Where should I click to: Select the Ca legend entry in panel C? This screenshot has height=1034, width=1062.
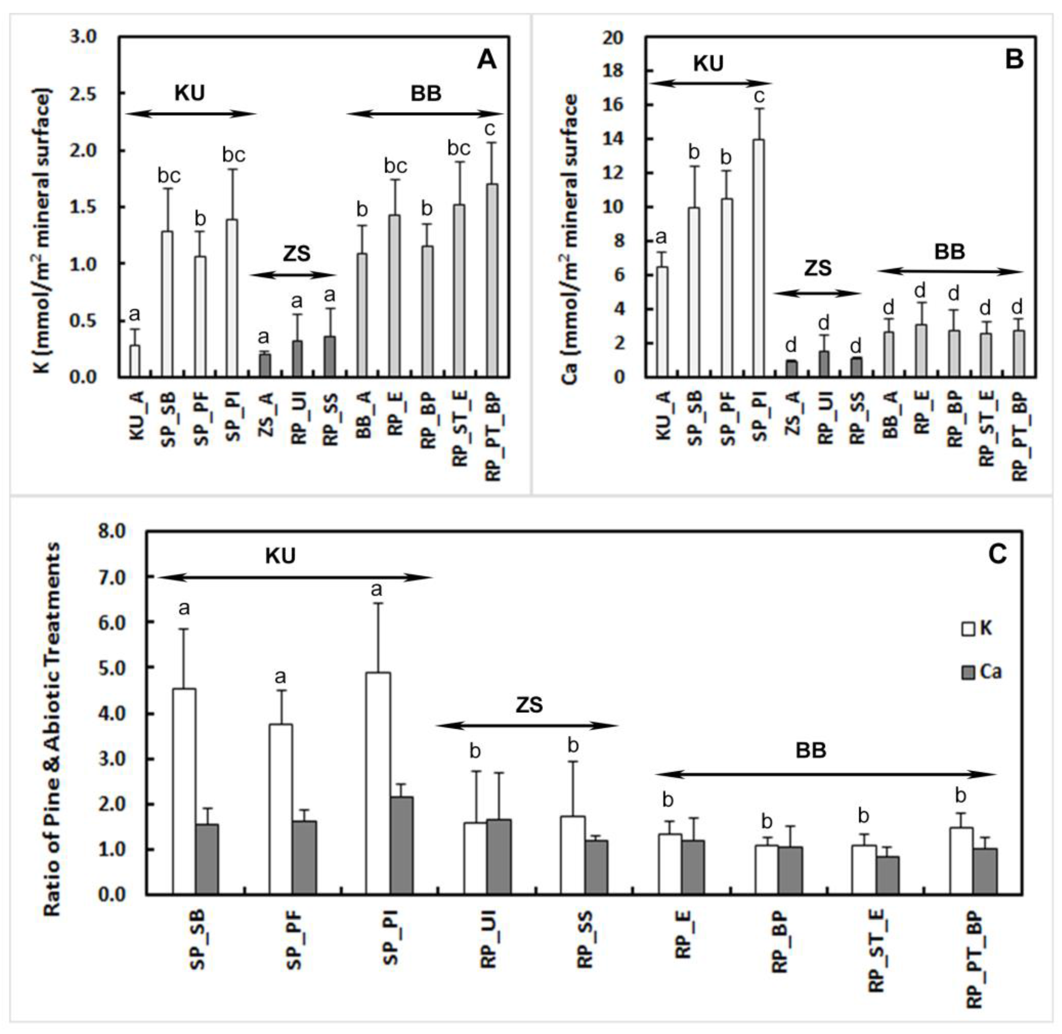tap(981, 672)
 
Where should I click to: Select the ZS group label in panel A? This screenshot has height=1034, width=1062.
tap(296, 254)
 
